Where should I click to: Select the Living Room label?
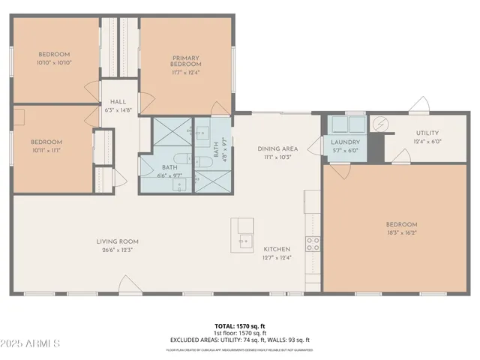tap(117, 241)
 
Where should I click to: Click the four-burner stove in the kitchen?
tap(313, 243)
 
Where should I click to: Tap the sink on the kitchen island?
tap(242, 241)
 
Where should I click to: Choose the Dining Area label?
tap(277, 148)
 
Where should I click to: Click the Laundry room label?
tap(345, 142)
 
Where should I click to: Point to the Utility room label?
tap(428, 133)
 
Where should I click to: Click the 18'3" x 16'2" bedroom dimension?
tap(401, 232)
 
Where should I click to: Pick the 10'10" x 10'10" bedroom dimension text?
tap(54, 62)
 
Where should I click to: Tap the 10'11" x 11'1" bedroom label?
tap(46, 142)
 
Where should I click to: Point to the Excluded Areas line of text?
tap(239, 340)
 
